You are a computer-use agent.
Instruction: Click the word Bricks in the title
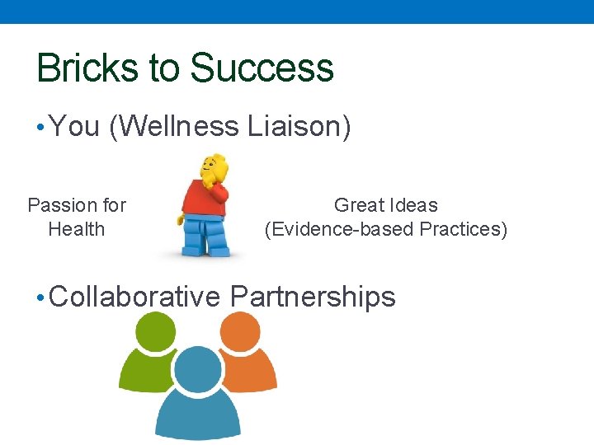tap(87, 68)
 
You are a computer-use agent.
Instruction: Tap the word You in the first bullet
tap(74, 127)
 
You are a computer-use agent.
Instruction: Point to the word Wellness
tap(174, 127)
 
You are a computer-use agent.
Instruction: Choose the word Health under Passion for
tap(77, 229)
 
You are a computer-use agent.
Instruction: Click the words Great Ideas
tap(385, 205)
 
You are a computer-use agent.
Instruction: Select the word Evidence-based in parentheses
tap(339, 229)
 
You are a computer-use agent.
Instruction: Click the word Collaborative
tap(135, 297)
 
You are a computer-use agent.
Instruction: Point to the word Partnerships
tap(313, 297)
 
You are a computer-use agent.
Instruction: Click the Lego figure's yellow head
tap(214, 168)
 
